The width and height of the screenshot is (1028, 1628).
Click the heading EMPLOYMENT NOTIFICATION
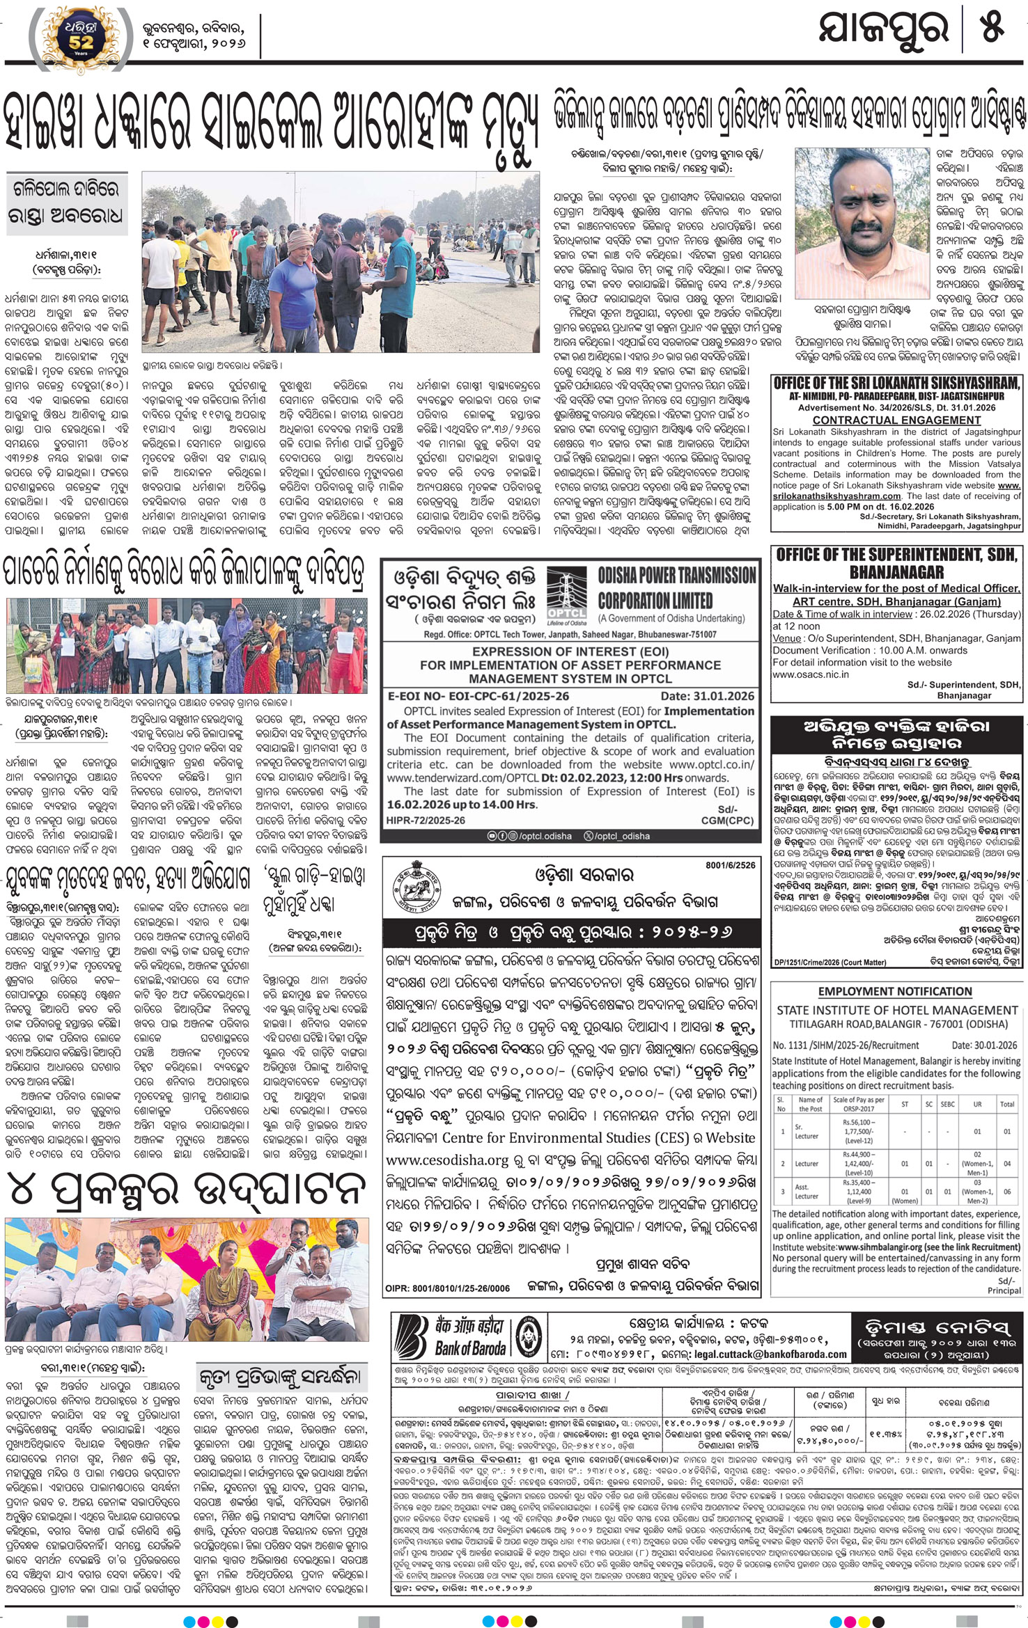click(x=895, y=991)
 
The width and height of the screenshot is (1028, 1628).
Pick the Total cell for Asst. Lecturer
click(x=1006, y=1192)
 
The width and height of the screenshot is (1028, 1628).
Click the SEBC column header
click(x=947, y=1104)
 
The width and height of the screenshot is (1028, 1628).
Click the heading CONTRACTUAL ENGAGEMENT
click(x=896, y=420)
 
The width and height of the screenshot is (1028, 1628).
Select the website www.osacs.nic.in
click(x=811, y=674)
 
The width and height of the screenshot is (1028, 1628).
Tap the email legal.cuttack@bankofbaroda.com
click(x=770, y=1354)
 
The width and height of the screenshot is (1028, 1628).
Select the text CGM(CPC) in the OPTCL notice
click(x=726, y=821)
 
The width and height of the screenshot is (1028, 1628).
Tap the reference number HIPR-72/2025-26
click(x=426, y=821)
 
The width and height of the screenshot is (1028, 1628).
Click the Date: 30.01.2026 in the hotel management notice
click(x=984, y=1045)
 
